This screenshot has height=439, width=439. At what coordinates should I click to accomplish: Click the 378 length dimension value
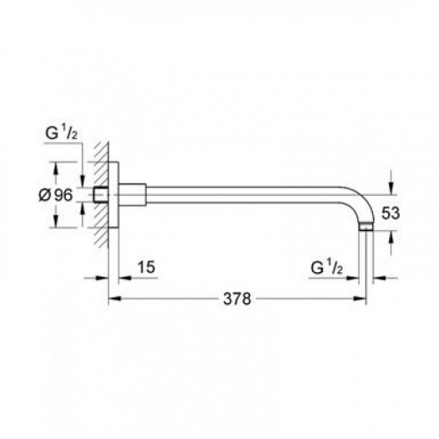pyautogui.click(x=237, y=299)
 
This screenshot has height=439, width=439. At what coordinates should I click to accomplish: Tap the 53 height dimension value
pyautogui.click(x=391, y=213)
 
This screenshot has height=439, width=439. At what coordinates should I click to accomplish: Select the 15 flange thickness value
pyautogui.click(x=147, y=267)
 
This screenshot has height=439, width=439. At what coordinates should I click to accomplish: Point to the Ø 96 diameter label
pyautogui.click(x=55, y=195)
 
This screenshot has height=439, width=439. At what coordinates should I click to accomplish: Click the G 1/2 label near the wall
pyautogui.click(x=61, y=134)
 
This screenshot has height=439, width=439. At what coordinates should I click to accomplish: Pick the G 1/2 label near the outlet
pyautogui.click(x=327, y=268)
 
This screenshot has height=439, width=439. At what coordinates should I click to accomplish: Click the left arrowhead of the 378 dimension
pyautogui.click(x=114, y=299)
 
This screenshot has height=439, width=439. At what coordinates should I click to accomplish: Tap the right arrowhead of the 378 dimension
pyautogui.click(x=360, y=299)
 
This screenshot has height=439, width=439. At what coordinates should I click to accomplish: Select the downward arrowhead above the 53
pyautogui.click(x=391, y=189)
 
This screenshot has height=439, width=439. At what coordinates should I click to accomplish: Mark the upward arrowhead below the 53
pyautogui.click(x=391, y=236)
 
